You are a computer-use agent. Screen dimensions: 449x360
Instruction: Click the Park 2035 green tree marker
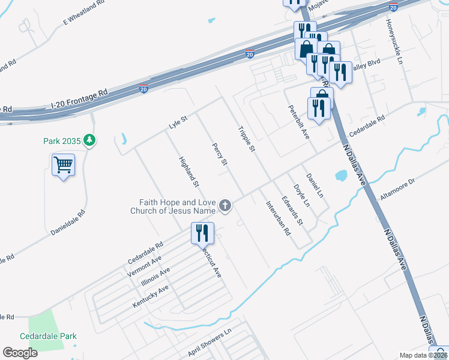click(90, 140)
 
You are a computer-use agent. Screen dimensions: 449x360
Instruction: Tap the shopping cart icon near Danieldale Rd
click(63, 164)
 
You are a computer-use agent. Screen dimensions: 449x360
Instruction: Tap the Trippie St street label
click(247, 139)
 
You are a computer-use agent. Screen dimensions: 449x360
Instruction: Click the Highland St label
click(189, 170)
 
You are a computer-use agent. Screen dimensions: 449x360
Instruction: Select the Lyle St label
click(178, 122)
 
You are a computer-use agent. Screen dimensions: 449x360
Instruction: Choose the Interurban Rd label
click(278, 217)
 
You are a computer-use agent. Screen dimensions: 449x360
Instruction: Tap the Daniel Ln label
click(315, 185)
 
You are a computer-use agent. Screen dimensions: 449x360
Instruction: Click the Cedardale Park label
click(48, 337)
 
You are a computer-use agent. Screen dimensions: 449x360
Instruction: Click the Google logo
click(20, 353)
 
